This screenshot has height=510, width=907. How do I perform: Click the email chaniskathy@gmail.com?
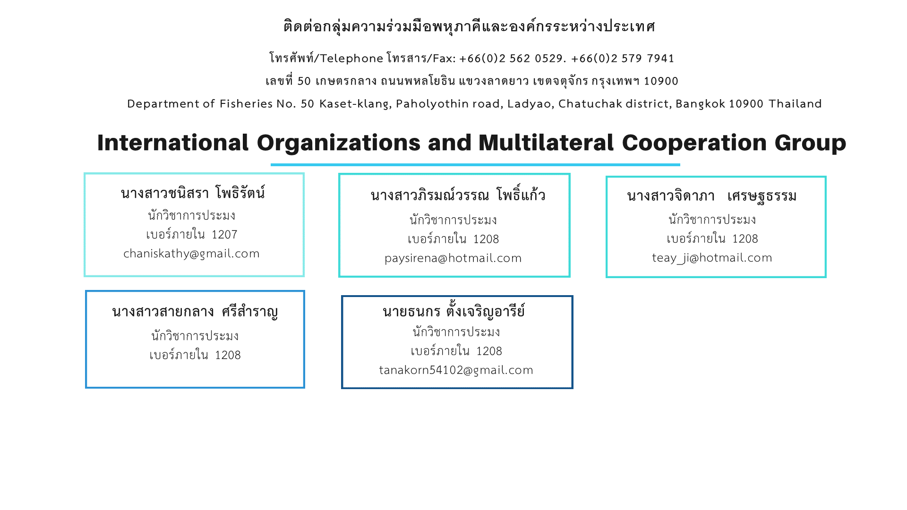coord(191,254)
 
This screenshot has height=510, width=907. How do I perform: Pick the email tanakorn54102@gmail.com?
coord(456,370)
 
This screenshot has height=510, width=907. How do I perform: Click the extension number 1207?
coord(224,235)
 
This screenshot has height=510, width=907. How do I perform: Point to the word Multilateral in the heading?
coord(546,143)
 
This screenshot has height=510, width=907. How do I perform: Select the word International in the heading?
coord(173,143)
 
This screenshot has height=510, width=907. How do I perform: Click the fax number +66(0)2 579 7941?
coord(623,58)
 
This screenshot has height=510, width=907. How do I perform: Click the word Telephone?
coord(352,59)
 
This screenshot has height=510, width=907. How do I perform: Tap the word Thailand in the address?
coord(796,103)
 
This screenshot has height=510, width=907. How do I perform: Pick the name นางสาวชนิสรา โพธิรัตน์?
coord(193,193)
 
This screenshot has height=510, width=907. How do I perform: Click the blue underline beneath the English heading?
coord(475,165)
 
